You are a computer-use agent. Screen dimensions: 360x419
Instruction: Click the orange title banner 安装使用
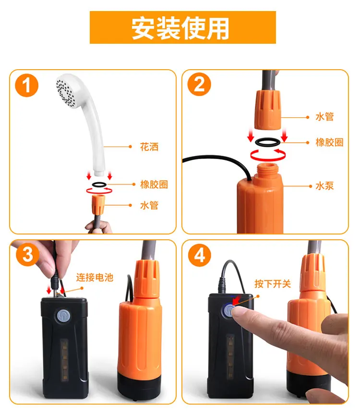tap(182, 27)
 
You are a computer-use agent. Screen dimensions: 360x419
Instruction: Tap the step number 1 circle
tap(27, 85)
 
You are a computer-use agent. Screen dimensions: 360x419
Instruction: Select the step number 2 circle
tap(199, 84)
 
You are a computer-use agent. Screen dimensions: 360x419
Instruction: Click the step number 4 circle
tap(200, 255)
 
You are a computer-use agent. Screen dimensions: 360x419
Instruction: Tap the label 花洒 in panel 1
tap(149, 147)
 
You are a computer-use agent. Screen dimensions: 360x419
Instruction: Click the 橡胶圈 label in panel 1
tap(154, 185)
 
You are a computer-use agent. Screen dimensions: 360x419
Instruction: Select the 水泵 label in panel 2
tap(324, 186)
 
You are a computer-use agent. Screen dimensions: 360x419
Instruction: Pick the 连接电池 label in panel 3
tap(95, 277)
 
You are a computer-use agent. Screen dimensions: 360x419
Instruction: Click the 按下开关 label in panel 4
tap(273, 283)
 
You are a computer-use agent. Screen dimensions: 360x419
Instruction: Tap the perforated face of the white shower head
tap(66, 91)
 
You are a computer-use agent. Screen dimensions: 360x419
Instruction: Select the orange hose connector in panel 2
tap(267, 110)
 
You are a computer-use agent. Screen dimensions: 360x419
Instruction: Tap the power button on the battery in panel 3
tap(63, 316)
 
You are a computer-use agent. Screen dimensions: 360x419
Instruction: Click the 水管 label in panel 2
tap(324, 117)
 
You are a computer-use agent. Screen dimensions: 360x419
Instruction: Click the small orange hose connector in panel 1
tap(98, 204)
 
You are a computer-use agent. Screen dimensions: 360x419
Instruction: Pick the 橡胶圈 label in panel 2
tap(329, 142)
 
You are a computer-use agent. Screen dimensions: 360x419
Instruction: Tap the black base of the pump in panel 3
tap(139, 386)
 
